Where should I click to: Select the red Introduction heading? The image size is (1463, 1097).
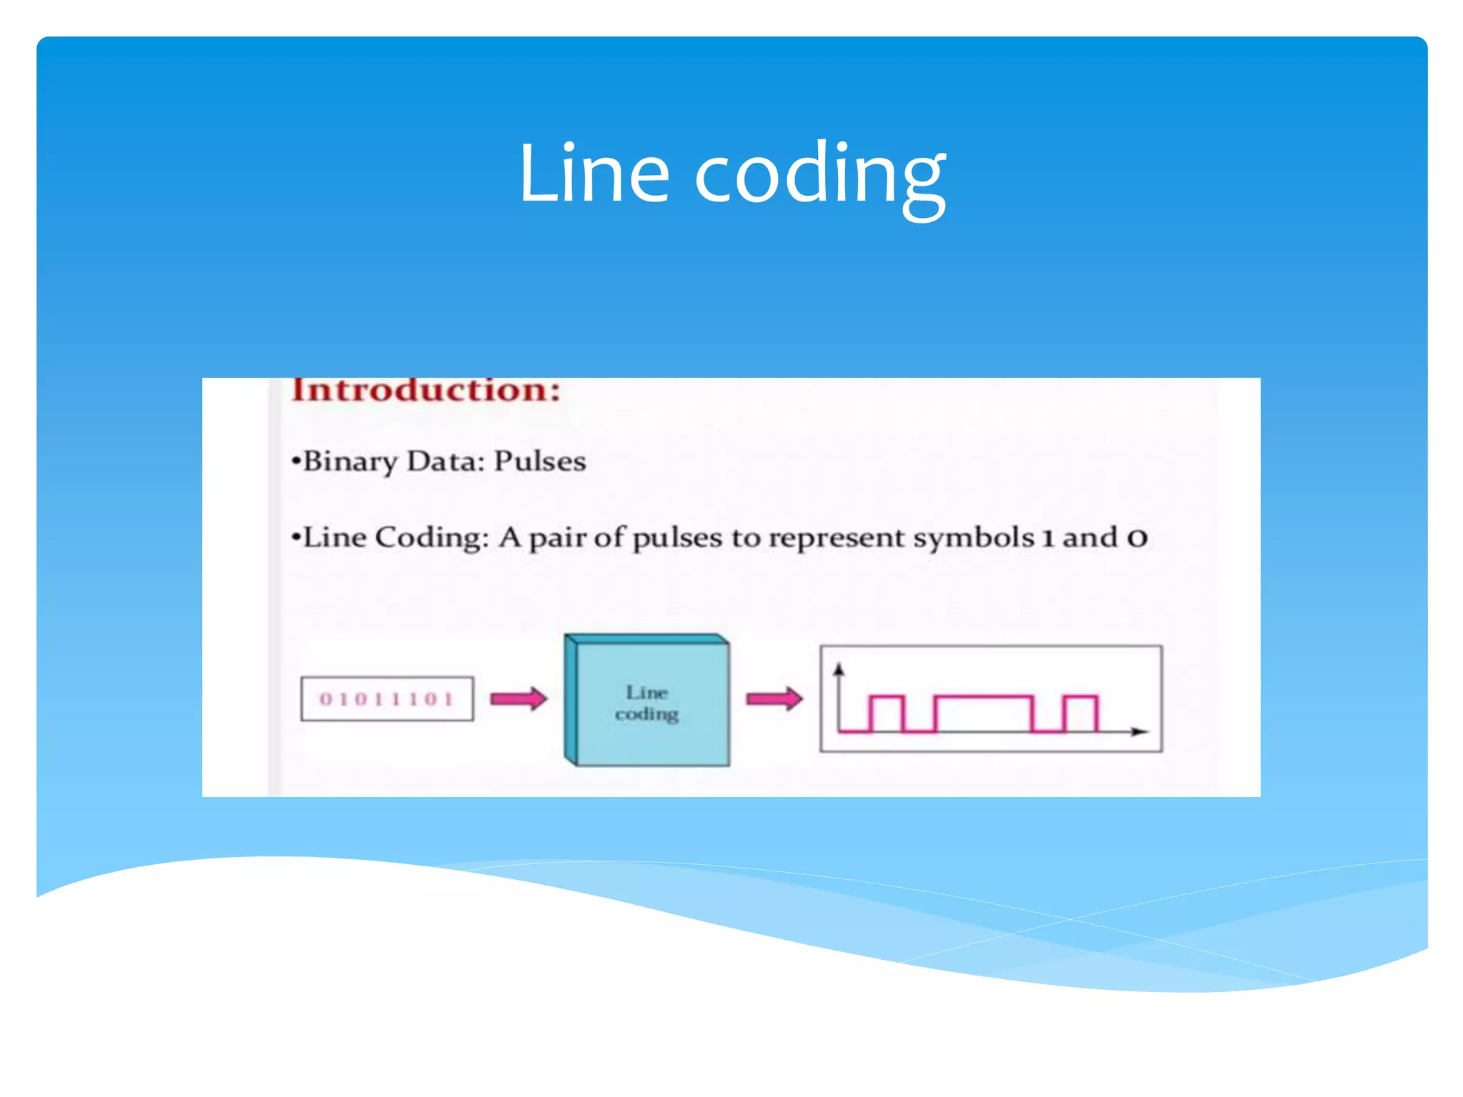426,391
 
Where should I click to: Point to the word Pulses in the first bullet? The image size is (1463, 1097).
540,461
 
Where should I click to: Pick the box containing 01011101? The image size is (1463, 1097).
386,698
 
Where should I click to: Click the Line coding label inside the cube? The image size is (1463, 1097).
646,703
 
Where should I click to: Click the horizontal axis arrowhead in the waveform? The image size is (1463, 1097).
1140,731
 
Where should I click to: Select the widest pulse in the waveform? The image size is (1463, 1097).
984,712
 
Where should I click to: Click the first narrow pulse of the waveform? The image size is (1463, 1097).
887,712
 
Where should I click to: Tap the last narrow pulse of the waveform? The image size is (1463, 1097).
1080,712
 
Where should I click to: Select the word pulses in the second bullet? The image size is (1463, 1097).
677,539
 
